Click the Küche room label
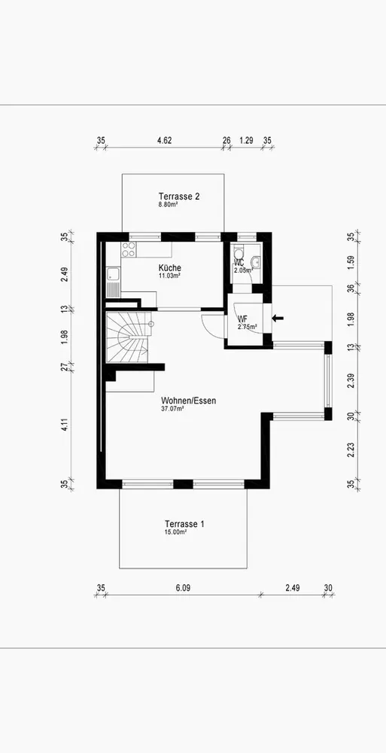170,268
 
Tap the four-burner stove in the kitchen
128,249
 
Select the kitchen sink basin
114,275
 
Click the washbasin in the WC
256,262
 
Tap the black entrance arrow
278,318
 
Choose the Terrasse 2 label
179,196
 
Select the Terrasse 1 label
184,524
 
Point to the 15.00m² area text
176,532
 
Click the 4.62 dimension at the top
165,140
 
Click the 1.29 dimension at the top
246,140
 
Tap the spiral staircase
128,337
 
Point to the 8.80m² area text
169,204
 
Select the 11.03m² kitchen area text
171,276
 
